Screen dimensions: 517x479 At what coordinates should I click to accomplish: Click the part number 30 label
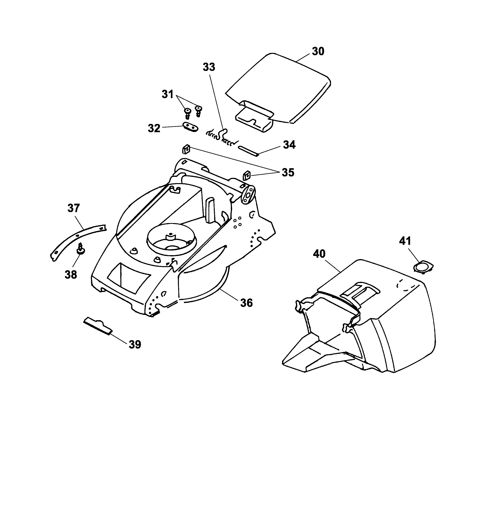pos(318,51)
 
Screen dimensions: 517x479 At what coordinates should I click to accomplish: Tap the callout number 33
pos(209,67)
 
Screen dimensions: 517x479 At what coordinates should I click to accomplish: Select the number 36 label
pos(246,303)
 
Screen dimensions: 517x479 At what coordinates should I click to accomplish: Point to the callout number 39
pos(135,345)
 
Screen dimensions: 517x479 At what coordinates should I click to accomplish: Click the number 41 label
pos(405,241)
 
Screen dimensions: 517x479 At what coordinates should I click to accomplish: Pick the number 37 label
pos(74,208)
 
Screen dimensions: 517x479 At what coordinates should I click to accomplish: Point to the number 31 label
pos(167,94)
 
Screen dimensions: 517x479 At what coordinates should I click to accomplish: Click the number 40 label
pos(319,254)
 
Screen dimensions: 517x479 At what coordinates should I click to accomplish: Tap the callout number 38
pos(71,275)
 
